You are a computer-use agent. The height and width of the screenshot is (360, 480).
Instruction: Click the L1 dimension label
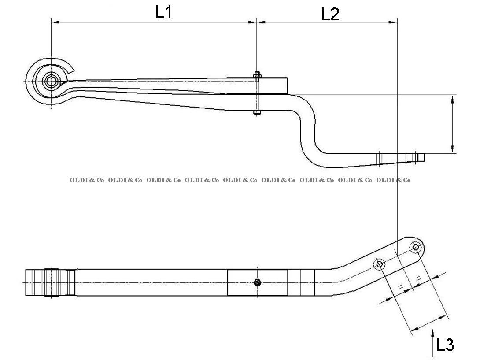tap(163, 12)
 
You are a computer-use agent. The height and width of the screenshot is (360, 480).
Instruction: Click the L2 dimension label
tap(330, 14)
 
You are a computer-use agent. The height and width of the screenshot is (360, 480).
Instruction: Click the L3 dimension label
tap(445, 345)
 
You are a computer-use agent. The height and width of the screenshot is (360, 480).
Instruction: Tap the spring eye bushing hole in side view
tap(52, 81)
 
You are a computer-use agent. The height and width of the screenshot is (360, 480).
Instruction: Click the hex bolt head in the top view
tap(258, 282)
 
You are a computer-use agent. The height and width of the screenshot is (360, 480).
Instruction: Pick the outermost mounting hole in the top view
tap(415, 247)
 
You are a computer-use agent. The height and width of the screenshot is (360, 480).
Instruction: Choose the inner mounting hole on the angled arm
tap(379, 264)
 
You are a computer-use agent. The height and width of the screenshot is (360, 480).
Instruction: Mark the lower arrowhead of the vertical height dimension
tap(453, 149)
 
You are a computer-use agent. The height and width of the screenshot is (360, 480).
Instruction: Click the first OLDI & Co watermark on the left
tap(87, 180)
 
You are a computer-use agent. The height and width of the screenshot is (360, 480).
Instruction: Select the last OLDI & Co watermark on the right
tap(393, 180)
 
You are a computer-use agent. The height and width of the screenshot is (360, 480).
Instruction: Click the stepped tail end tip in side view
tap(421, 157)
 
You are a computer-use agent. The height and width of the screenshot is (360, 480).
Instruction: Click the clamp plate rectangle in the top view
tap(258, 282)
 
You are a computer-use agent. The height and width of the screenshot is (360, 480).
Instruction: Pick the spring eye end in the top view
tap(50, 282)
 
